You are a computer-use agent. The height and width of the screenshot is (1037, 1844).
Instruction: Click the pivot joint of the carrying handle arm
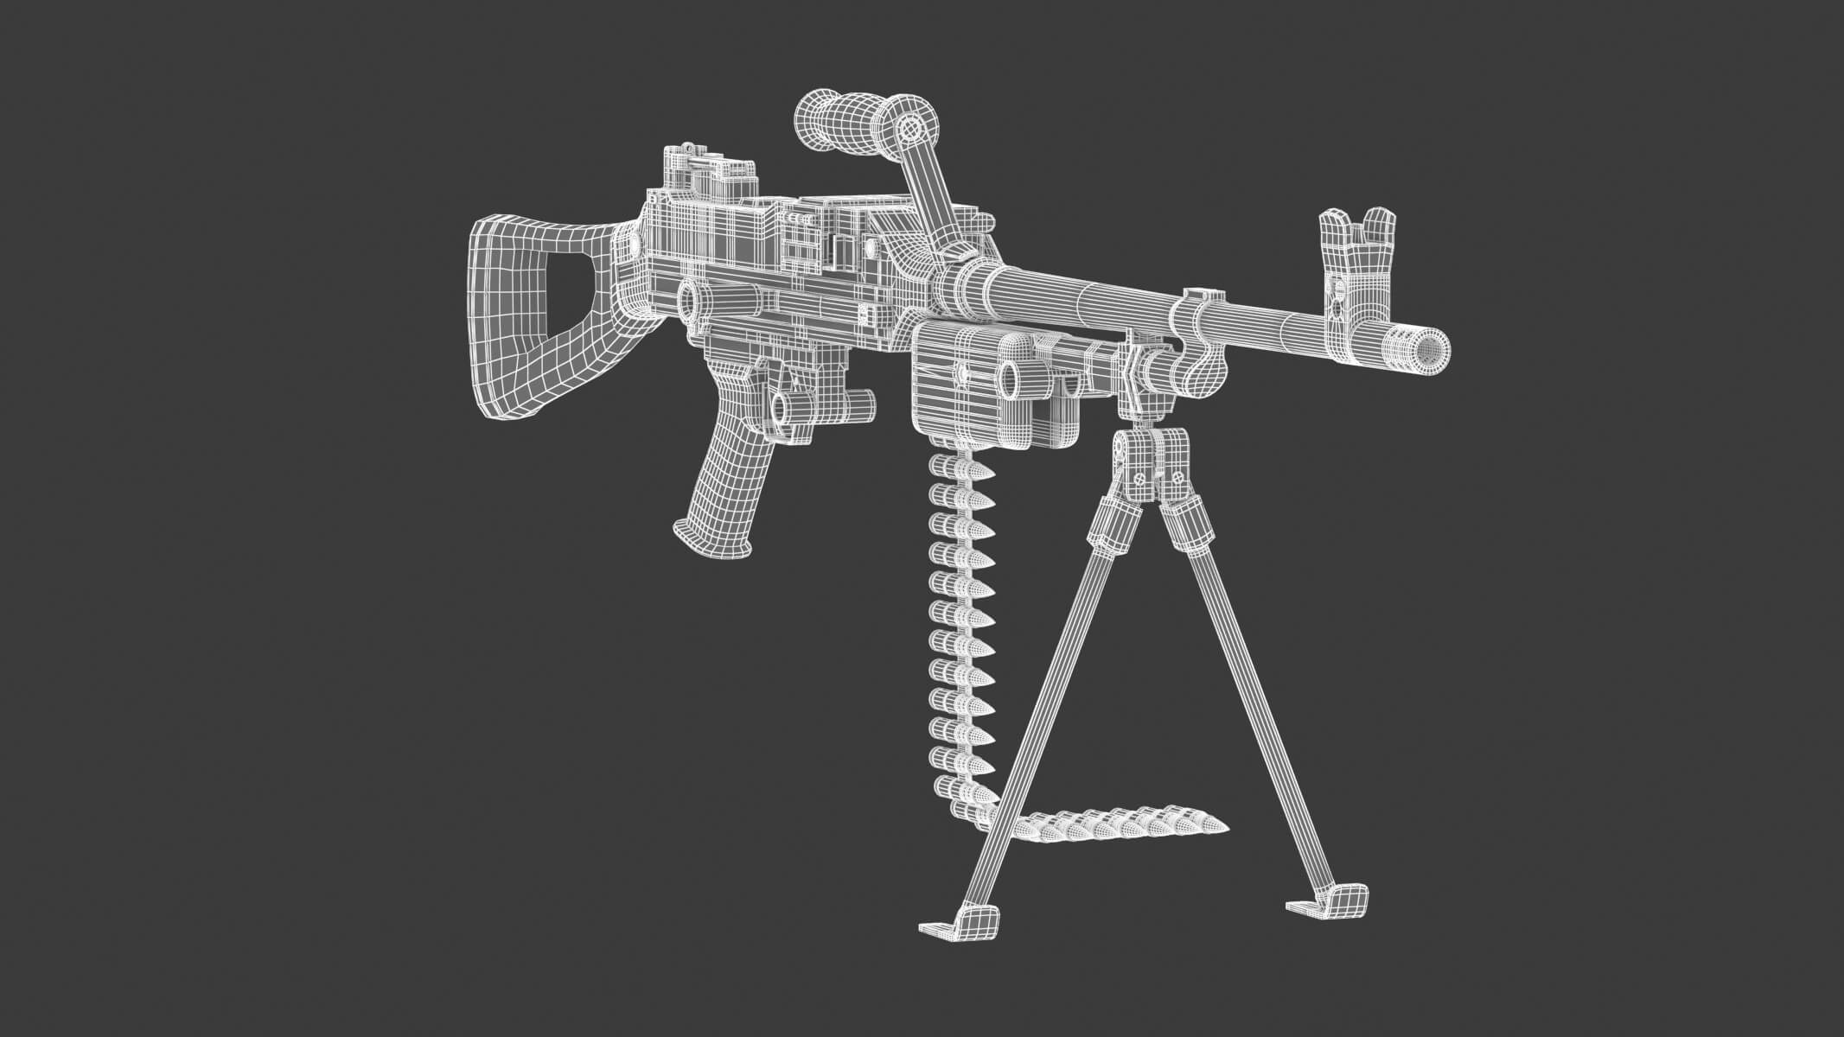click(909, 130)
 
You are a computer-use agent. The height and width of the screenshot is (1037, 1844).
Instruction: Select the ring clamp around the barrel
click(1197, 328)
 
